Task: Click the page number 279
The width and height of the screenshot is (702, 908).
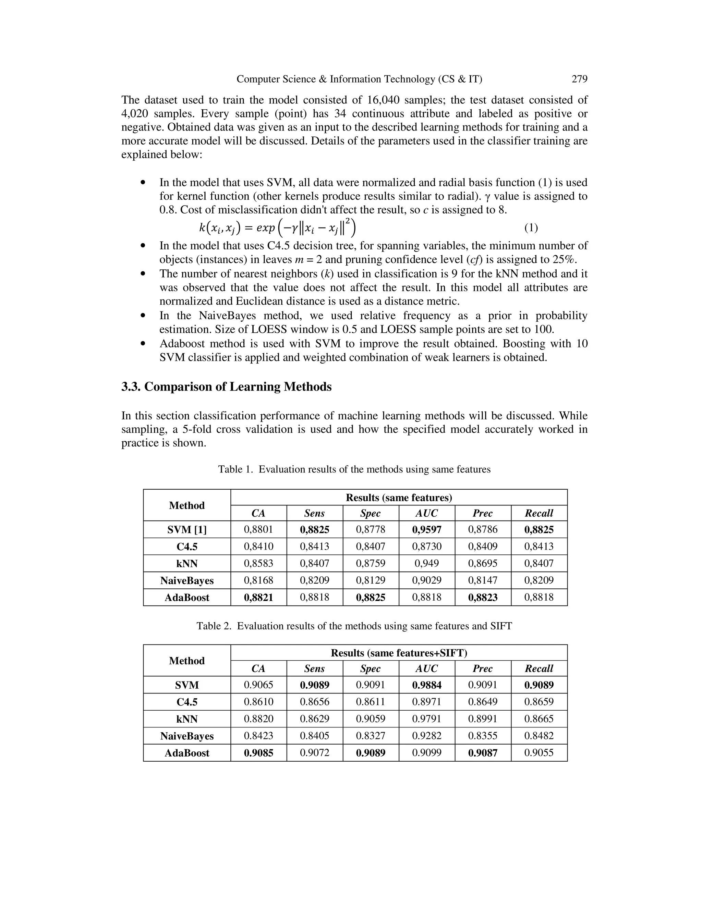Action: pyautogui.click(x=579, y=79)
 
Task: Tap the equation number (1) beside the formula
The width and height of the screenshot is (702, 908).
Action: pyautogui.click(x=531, y=228)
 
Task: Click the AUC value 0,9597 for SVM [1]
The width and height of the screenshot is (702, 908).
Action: pyautogui.click(x=427, y=530)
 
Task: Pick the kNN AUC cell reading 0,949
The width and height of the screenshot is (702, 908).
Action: pyautogui.click(x=427, y=563)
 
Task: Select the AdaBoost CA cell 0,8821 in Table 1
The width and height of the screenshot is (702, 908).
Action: pyautogui.click(x=258, y=598)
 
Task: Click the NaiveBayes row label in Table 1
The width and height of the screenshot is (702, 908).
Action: pyautogui.click(x=187, y=580)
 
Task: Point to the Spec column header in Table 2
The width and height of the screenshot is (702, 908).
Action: pyautogui.click(x=370, y=668)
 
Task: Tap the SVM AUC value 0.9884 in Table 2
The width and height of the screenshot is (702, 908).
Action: pyautogui.click(x=427, y=685)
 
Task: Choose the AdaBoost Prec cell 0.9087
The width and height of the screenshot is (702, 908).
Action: pyautogui.click(x=482, y=753)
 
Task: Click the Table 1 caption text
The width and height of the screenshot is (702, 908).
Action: pyautogui.click(x=354, y=469)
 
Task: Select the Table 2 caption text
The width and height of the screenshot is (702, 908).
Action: pyautogui.click(x=354, y=626)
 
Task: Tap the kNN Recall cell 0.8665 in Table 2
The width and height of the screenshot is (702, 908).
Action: pyautogui.click(x=538, y=719)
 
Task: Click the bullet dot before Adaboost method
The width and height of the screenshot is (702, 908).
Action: pyautogui.click(x=143, y=344)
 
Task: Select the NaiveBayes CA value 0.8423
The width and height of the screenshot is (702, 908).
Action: pyautogui.click(x=258, y=736)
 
